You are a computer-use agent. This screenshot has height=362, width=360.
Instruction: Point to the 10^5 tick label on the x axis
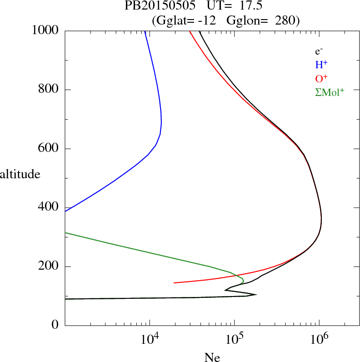click(234, 339)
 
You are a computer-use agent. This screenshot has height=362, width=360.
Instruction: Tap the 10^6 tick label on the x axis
click(319, 339)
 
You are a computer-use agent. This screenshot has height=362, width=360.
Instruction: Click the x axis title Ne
click(212, 357)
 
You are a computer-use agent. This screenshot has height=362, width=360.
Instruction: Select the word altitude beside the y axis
click(20, 174)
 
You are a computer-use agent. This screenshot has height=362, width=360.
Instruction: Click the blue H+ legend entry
click(321, 65)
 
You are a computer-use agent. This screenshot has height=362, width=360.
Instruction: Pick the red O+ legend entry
click(321, 78)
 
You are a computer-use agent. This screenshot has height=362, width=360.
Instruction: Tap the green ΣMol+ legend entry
click(330, 92)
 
